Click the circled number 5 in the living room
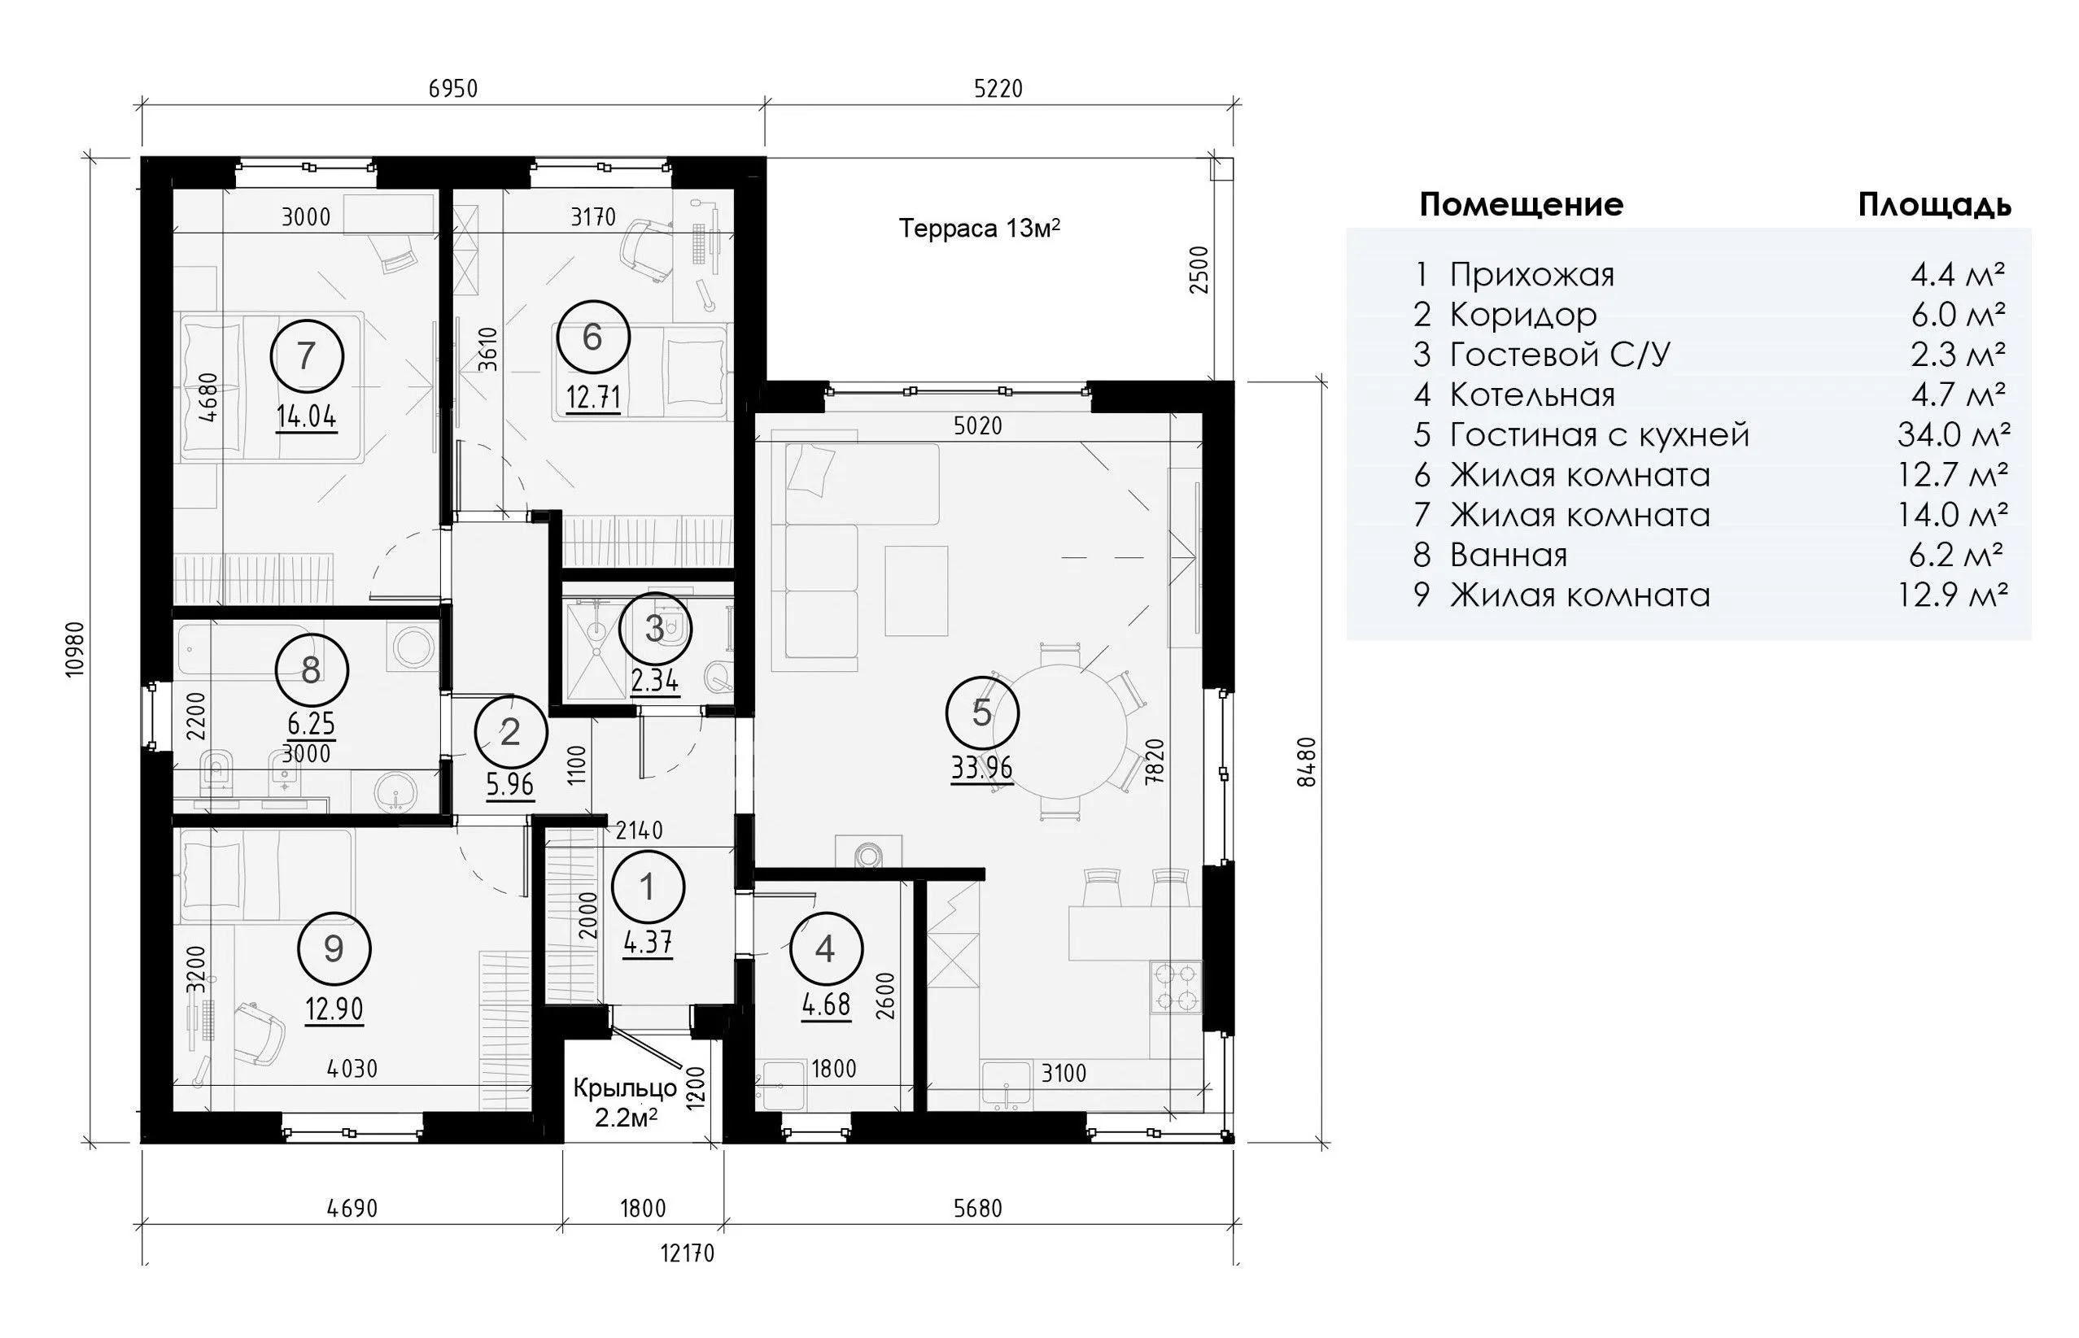click(982, 713)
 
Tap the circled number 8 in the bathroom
click(311, 670)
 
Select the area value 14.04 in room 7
click(306, 418)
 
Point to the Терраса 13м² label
click(980, 229)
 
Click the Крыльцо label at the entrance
click(625, 1087)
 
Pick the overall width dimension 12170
click(688, 1253)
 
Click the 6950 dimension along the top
click(453, 89)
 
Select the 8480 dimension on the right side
click(1306, 762)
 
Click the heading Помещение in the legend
click(1521, 205)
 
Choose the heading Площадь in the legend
click(1935, 206)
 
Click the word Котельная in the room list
click(1532, 395)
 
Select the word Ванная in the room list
click(1508, 556)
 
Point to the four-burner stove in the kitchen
click(1177, 987)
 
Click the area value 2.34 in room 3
click(654, 680)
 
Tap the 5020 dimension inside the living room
click(978, 425)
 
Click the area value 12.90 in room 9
click(334, 1009)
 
